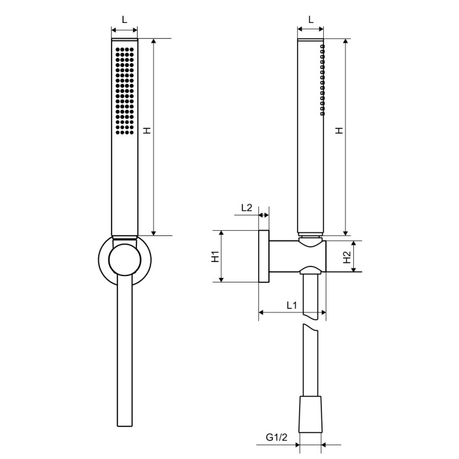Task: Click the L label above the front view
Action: pyautogui.click(x=124, y=19)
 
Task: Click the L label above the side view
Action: pyautogui.click(x=310, y=19)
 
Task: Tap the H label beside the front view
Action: pyautogui.click(x=147, y=130)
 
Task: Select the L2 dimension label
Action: pyautogui.click(x=247, y=207)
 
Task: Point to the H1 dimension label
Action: pyautogui.click(x=215, y=256)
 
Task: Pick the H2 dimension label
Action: pyautogui.click(x=346, y=257)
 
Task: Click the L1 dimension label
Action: pyautogui.click(x=291, y=305)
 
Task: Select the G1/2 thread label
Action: pyautogui.click(x=276, y=438)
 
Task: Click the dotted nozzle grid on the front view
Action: pyautogui.click(x=124, y=89)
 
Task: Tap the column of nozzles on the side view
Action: pyautogui.click(x=323, y=80)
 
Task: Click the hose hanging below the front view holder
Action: pyautogui.click(x=124, y=357)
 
